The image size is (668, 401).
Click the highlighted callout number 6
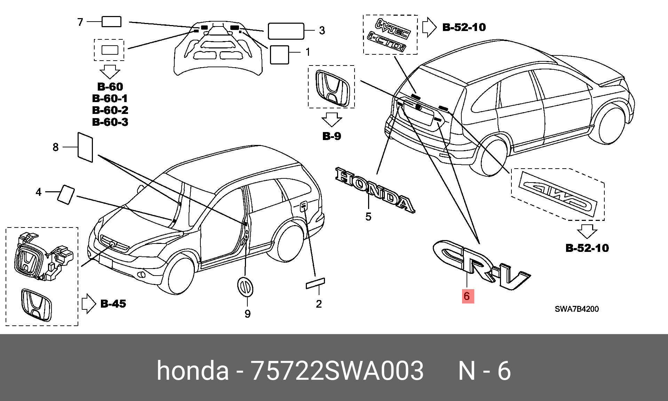click(x=468, y=296)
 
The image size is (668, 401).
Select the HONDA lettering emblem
click(x=375, y=190)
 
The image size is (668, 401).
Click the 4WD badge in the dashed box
click(x=558, y=195)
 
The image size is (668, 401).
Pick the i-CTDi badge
click(x=387, y=41)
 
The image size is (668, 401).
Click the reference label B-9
click(x=332, y=136)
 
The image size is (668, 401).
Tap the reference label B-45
click(x=113, y=304)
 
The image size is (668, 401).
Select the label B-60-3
click(x=110, y=122)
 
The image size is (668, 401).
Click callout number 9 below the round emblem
click(x=247, y=314)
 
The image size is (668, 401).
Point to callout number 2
click(x=319, y=304)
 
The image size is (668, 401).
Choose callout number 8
click(x=55, y=147)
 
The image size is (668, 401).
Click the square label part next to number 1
click(x=279, y=55)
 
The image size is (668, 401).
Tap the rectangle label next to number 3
click(x=286, y=31)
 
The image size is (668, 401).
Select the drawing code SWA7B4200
click(x=576, y=309)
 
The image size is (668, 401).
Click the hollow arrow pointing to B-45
click(x=89, y=304)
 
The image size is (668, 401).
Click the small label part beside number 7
click(x=111, y=22)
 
